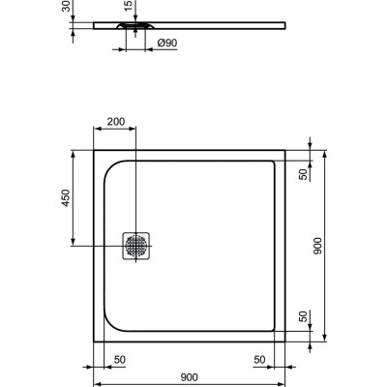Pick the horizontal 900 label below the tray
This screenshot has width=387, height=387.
[189, 377]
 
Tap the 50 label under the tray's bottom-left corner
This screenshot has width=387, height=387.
[120, 359]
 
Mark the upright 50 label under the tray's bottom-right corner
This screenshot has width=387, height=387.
[259, 359]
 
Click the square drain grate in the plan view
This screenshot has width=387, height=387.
[135, 246]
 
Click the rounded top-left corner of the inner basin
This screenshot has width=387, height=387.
[108, 167]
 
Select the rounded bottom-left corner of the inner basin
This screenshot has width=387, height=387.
[108, 324]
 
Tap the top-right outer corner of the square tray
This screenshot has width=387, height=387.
[285, 150]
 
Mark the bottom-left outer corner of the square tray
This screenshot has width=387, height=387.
[93, 342]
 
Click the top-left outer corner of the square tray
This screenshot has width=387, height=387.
[93, 150]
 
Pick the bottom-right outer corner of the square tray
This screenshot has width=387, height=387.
[285, 342]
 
